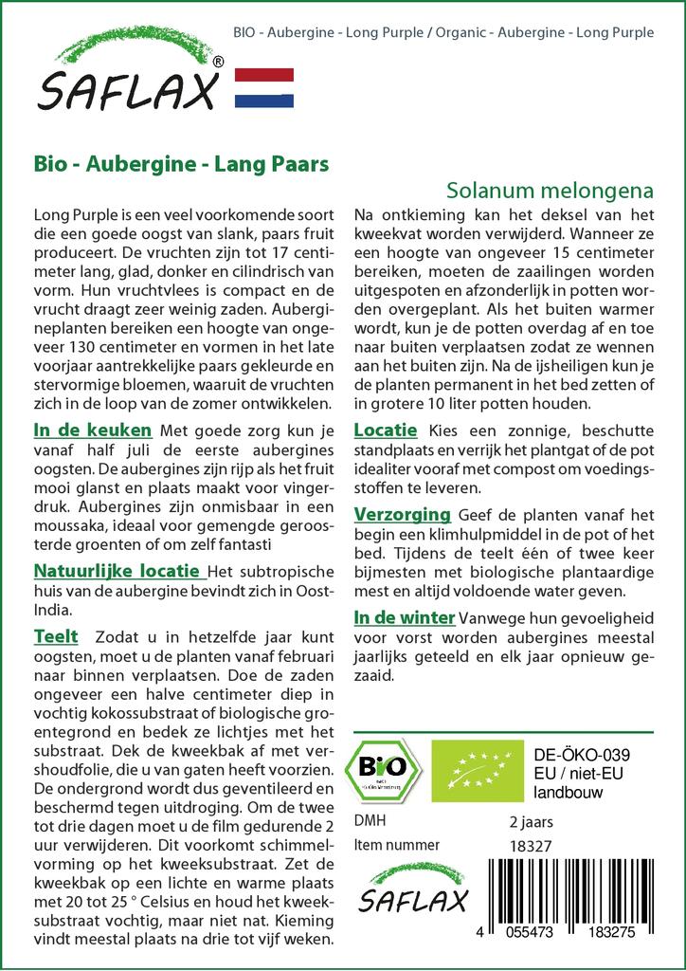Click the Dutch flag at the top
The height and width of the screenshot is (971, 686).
(263, 87)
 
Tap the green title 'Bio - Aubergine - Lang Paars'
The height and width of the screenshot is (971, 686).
(181, 162)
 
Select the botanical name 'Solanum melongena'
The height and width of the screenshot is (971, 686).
(550, 190)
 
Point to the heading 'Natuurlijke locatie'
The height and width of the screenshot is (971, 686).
(117, 572)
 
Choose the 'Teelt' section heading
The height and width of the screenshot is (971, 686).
(55, 635)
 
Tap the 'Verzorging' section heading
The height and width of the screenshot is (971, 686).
(402, 515)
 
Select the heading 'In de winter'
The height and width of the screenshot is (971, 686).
(404, 617)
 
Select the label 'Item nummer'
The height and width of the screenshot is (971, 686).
(396, 845)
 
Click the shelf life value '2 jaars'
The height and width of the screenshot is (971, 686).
(532, 821)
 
